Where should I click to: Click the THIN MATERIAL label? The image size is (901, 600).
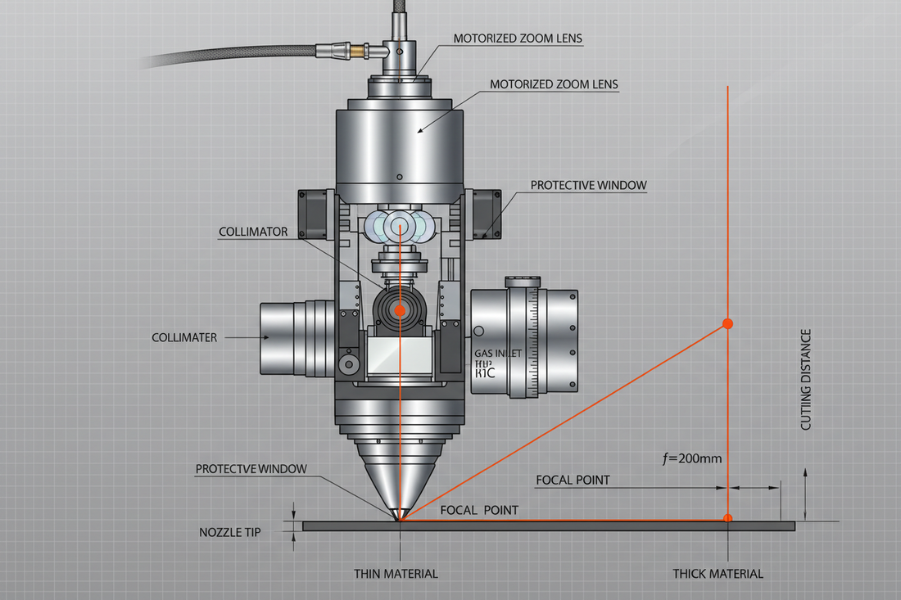tap(396, 574)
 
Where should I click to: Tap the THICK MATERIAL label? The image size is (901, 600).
tap(718, 574)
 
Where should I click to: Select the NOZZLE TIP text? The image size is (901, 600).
tap(229, 532)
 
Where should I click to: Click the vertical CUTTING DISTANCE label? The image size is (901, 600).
tap(806, 380)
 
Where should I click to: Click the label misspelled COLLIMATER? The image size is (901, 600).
tap(184, 337)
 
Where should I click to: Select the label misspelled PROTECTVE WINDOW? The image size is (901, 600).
tap(251, 469)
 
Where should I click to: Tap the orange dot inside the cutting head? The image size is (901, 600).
tap(400, 310)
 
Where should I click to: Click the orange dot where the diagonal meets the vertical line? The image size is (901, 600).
tap(727, 324)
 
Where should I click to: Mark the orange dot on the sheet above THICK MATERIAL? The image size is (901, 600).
tap(727, 517)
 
